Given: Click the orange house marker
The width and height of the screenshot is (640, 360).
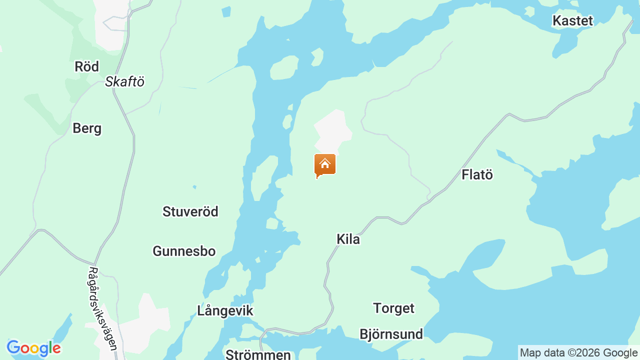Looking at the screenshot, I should click(x=324, y=164).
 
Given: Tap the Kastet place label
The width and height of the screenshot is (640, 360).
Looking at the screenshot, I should click(x=572, y=20).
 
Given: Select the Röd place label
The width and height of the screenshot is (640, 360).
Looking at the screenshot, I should click(x=86, y=66).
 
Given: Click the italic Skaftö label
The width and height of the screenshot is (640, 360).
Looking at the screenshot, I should click(x=124, y=82).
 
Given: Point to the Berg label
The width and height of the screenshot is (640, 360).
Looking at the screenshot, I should click(x=87, y=128).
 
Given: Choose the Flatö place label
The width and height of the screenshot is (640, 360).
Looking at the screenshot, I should click(x=477, y=175).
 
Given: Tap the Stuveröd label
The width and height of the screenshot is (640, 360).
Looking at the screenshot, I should click(x=190, y=211).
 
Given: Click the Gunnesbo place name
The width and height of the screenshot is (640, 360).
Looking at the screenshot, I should click(x=184, y=251).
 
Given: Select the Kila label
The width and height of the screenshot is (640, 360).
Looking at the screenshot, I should click(x=348, y=239).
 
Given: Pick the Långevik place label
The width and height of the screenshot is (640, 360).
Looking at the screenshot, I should click(x=225, y=310).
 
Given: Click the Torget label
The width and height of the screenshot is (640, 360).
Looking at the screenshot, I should click(x=393, y=308).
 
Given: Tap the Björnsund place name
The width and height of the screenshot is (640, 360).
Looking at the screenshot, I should click(x=391, y=334).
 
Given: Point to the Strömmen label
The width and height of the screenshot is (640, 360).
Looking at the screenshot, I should click(x=258, y=354).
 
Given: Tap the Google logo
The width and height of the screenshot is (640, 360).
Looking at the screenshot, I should click(x=33, y=348).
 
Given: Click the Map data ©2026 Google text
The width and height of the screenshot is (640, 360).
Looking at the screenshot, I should click(x=578, y=352).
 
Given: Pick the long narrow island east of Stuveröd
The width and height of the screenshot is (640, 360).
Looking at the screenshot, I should click(x=263, y=177).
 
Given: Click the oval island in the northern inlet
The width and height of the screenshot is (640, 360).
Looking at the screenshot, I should click(x=283, y=68).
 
